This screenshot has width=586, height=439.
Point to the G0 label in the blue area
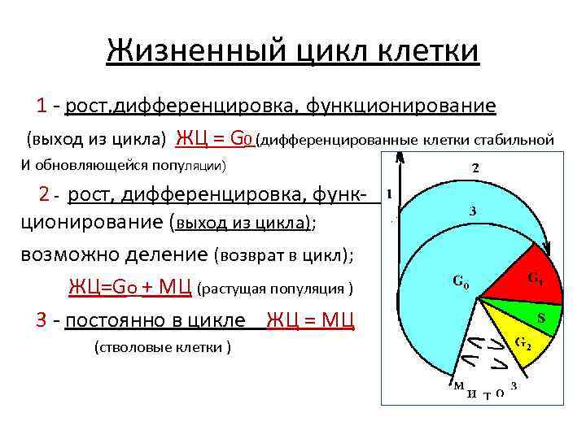coord(461,283)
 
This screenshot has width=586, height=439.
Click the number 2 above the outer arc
coord(476,168)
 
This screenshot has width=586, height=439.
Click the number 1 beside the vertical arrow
coord(391,193)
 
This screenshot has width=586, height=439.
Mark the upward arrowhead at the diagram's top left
coord(398,159)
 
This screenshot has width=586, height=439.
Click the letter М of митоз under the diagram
coord(459,385)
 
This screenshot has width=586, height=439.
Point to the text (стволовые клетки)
coord(163,347)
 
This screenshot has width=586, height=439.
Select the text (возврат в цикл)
coord(284,254)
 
